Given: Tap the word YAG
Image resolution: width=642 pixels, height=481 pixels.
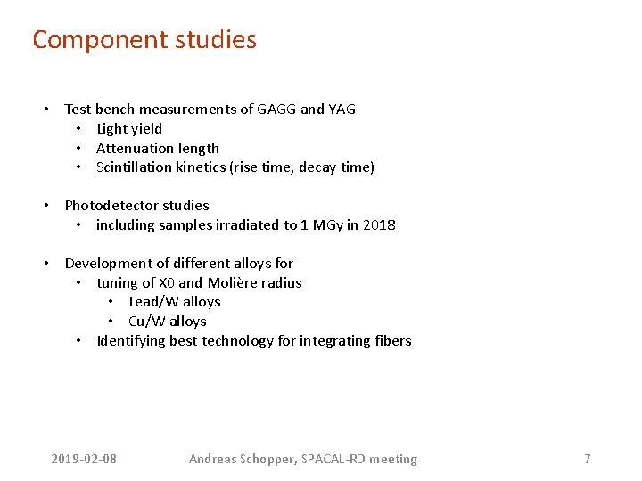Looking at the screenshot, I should [342, 110].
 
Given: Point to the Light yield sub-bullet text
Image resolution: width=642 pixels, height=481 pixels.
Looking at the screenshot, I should [129, 129].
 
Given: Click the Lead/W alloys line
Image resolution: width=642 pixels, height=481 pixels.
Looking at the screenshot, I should [175, 302].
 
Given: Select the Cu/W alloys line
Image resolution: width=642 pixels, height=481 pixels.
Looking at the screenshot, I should [168, 322].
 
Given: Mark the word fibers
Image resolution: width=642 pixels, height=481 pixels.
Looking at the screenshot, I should [392, 341].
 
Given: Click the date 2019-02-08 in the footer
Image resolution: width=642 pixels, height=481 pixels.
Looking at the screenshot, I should [84, 460].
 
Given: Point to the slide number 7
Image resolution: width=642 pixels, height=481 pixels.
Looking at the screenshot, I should [587, 460].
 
